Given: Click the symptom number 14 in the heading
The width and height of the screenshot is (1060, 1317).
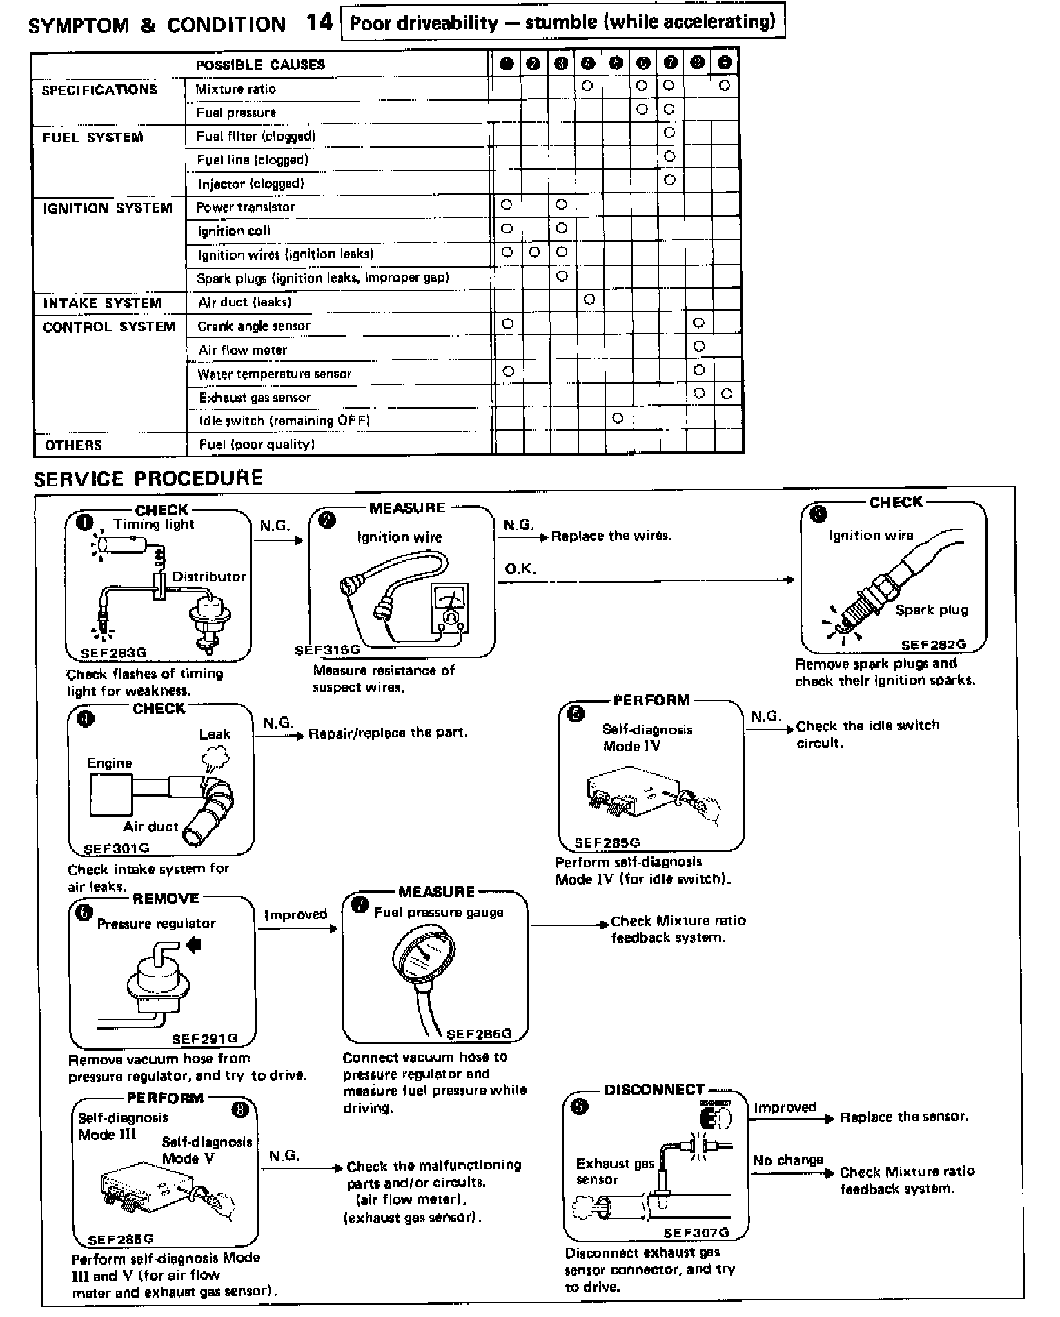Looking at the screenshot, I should [320, 23].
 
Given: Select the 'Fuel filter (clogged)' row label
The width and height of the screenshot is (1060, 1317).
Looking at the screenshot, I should [256, 136].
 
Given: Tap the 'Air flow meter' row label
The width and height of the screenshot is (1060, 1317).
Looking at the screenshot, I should [242, 350].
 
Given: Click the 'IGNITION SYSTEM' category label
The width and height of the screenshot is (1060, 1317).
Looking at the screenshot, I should [107, 208].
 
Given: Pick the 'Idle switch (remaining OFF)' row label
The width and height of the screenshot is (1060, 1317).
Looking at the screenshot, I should [284, 420].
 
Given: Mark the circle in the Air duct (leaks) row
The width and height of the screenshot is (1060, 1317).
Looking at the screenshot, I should [589, 299].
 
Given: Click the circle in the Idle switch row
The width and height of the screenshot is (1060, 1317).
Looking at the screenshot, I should [618, 418].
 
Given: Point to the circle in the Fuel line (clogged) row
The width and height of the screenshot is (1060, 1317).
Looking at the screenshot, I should [669, 157].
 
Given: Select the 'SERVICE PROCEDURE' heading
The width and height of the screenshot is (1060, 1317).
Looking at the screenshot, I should [148, 478].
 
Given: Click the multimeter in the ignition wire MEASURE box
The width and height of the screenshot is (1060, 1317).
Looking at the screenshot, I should [449, 608].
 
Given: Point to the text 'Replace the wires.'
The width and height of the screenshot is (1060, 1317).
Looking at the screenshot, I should [611, 536].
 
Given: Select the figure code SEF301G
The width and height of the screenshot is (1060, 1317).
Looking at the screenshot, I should [116, 848].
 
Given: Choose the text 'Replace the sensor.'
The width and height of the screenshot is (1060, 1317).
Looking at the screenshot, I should [904, 1117].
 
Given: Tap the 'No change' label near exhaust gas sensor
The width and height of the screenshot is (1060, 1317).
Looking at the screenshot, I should [788, 1160].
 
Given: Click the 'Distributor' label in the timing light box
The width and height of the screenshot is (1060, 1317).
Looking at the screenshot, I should [209, 576].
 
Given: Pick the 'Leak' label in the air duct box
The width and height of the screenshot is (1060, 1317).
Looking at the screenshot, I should [215, 734].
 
